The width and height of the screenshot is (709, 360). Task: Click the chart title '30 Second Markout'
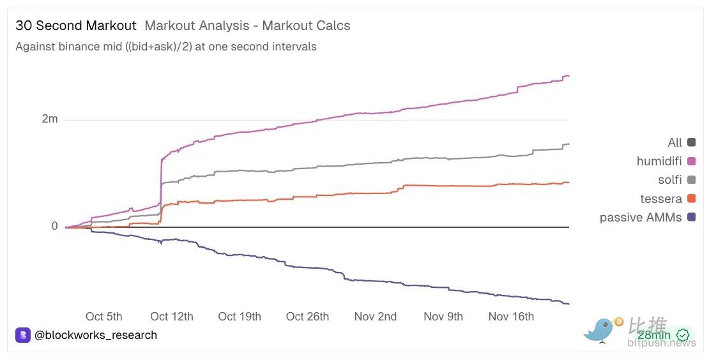point(76,26)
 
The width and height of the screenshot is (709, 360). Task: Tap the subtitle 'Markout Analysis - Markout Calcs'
point(247,26)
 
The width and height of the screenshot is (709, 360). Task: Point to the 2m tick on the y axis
point(50,119)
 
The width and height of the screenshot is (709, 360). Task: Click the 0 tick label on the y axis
point(54,227)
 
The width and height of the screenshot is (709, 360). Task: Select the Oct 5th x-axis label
point(103,317)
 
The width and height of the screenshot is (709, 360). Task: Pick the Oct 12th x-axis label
point(172,317)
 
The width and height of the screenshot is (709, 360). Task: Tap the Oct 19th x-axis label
point(240,317)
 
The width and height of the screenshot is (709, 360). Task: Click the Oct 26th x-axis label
point(307,317)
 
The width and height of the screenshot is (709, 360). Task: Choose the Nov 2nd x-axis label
point(376,317)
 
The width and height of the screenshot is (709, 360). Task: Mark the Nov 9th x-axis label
point(443,317)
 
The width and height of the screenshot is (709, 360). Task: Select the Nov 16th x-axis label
point(511,317)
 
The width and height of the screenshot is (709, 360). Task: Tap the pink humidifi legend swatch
point(691,161)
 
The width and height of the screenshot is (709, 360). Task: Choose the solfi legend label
point(670,180)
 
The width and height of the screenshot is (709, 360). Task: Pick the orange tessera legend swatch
point(691,199)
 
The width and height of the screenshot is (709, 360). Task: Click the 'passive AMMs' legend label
point(641,218)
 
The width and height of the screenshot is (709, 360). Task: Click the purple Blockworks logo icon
point(23,335)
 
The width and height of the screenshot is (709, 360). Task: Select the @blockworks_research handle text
point(96,335)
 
